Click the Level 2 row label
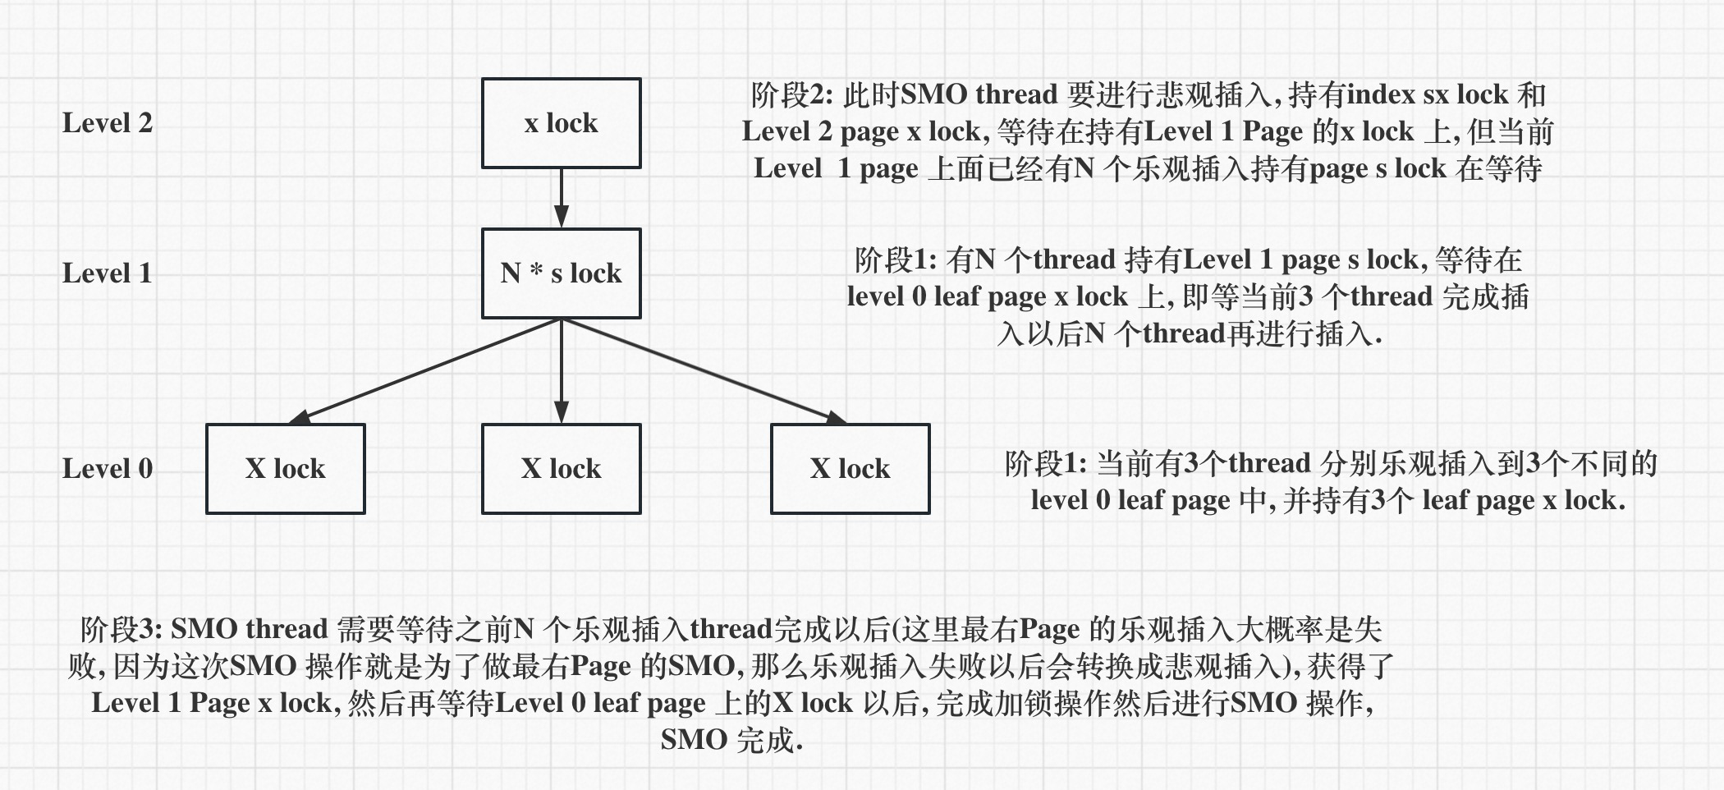click(107, 123)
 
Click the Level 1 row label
click(107, 273)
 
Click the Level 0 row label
click(107, 469)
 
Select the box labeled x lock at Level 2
click(561, 123)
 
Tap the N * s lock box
click(561, 273)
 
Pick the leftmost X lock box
click(285, 469)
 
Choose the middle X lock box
click(561, 469)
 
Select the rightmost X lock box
click(850, 469)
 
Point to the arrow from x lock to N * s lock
click(561, 198)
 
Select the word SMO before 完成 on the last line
click(694, 740)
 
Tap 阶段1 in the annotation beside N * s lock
click(895, 260)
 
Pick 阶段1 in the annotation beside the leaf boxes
click(1045, 464)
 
